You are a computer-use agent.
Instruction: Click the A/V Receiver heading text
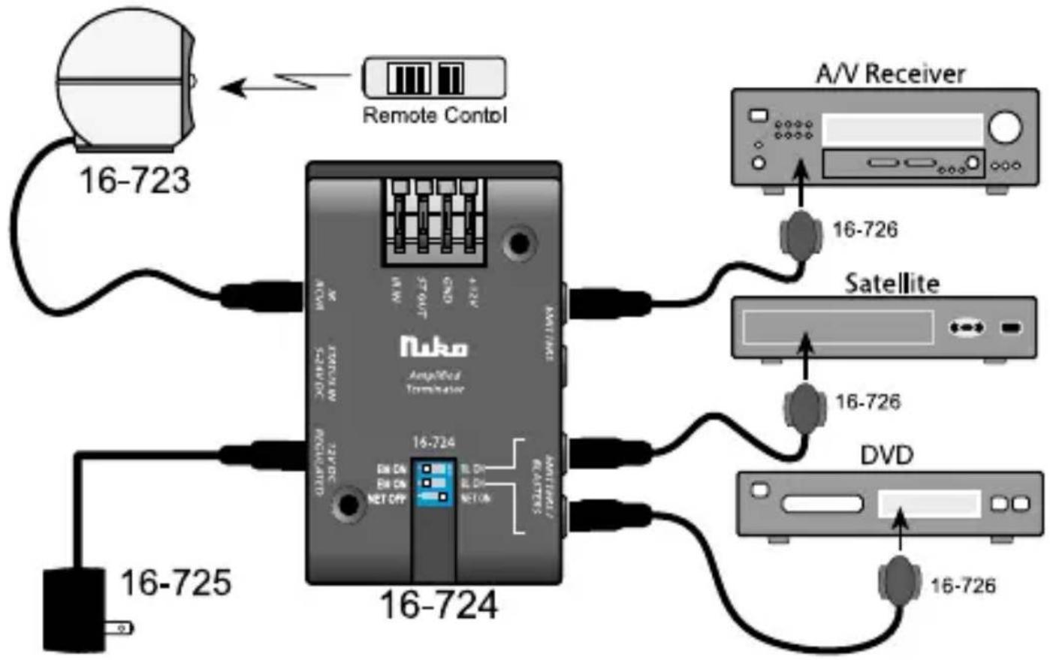coord(890,74)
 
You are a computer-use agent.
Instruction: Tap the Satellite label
coord(892,283)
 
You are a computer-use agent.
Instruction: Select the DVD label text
coord(886,455)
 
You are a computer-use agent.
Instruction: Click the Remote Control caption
coord(434,116)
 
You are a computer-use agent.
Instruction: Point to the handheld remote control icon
coord(434,77)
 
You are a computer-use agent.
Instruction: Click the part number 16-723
coord(134,180)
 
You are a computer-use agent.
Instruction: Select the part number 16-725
coord(176,583)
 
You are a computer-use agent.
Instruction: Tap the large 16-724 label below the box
coord(439,605)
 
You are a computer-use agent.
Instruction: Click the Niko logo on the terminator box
coord(434,346)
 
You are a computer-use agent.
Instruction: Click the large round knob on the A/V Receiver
coord(1005,127)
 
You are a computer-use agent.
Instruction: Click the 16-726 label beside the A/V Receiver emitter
coord(865,230)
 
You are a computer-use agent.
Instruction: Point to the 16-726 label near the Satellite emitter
coord(867,402)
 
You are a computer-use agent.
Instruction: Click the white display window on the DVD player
coord(930,504)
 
